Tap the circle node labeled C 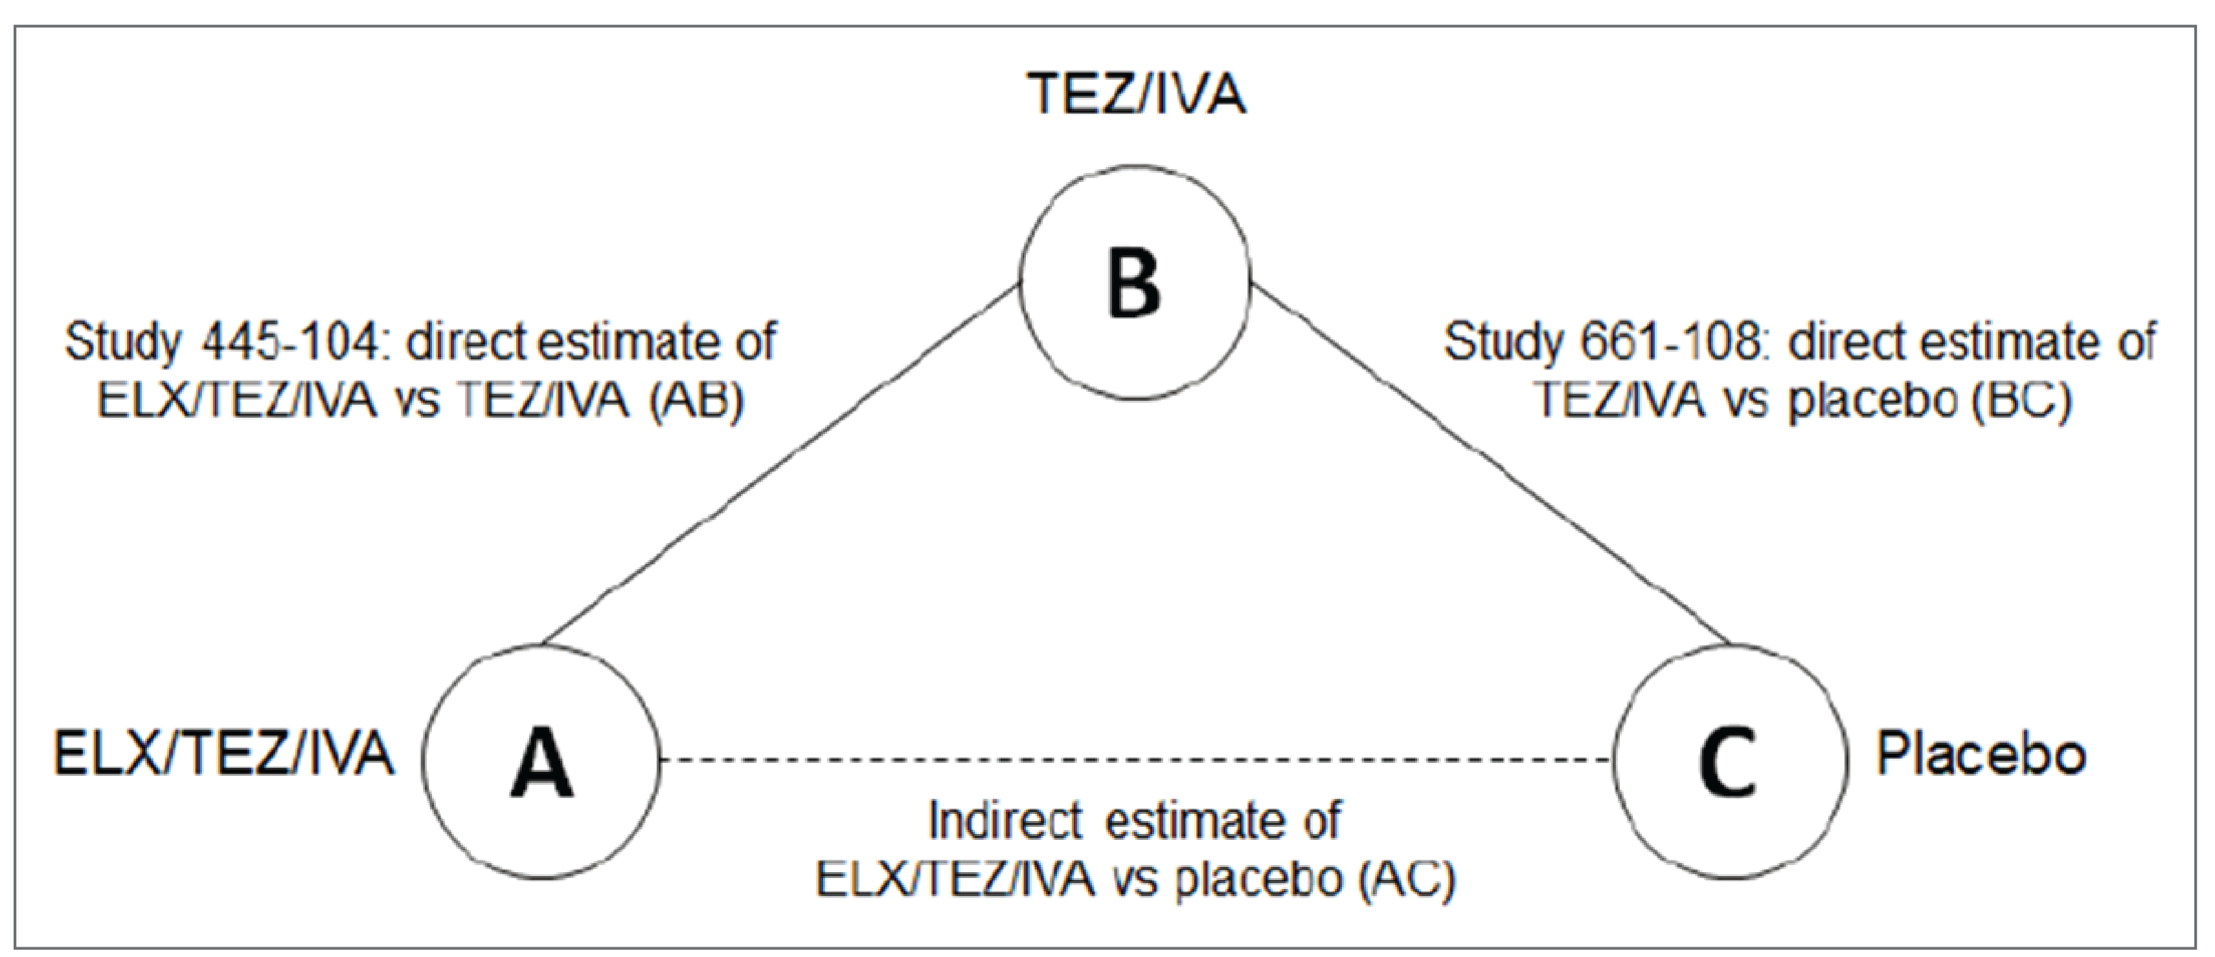(x=1729, y=760)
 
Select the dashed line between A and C (x=1135, y=760)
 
